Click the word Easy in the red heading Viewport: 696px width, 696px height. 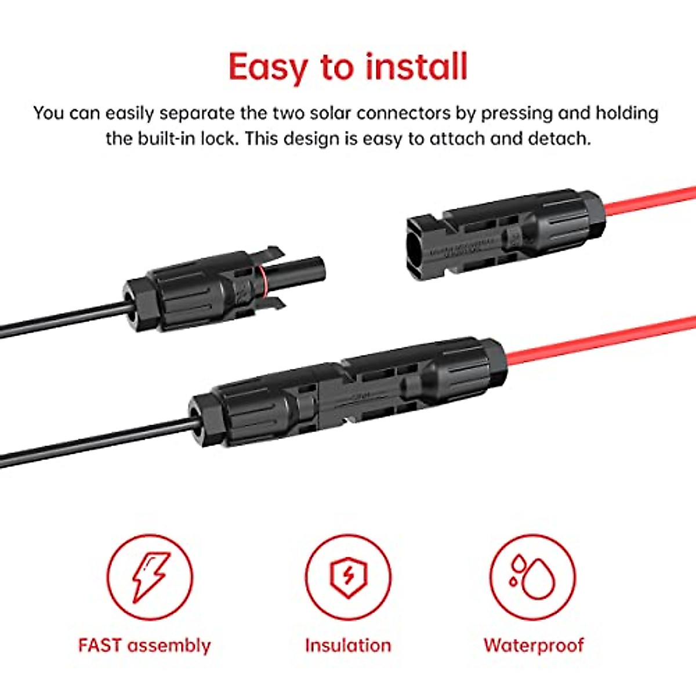[269, 67]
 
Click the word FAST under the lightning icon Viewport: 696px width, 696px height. [100, 645]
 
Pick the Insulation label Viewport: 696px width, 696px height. [348, 645]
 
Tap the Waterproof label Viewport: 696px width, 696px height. [534, 645]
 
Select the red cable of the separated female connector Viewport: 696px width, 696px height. [650, 203]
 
